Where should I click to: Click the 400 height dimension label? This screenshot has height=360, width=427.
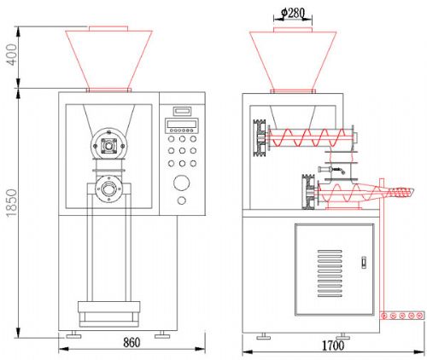[x=12, y=55]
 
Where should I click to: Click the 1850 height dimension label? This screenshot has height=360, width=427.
[x=12, y=203]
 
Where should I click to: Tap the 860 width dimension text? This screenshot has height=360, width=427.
[x=132, y=343]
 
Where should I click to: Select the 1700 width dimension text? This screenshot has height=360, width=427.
[x=333, y=345]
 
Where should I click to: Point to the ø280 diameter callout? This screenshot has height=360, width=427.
[x=293, y=13]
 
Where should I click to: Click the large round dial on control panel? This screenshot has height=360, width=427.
[x=182, y=183]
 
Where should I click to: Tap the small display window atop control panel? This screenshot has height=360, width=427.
[x=182, y=110]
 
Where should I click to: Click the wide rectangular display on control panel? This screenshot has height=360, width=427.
[x=182, y=124]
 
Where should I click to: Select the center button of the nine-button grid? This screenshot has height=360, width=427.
[x=182, y=151]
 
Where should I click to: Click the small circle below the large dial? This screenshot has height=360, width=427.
[x=182, y=200]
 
